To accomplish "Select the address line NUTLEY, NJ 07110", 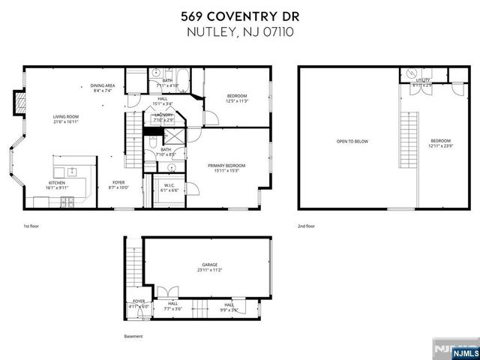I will pos(239,34).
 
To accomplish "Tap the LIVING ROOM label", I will pos(66,116).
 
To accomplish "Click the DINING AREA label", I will pos(103,86).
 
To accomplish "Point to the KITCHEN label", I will pos(57,182).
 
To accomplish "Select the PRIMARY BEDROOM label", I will pos(226,165).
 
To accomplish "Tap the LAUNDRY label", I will pos(163,115).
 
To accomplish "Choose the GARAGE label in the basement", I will pos(208,265).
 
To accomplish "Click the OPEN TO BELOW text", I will pos(352,141).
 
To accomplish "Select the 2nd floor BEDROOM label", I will pos(440,141).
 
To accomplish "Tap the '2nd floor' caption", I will pos(305,225).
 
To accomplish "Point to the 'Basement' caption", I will pos(133,336).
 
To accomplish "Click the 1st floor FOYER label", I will pos(118,182).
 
